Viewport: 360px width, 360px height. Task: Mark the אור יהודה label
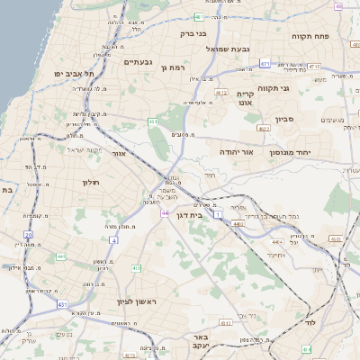click(237, 153)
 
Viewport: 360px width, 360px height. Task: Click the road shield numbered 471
click(264, 64)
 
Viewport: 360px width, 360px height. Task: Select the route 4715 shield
click(313, 66)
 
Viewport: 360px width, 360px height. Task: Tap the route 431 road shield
click(62, 306)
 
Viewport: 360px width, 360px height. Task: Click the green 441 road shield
click(60, 256)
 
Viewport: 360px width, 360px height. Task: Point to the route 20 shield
click(29, 234)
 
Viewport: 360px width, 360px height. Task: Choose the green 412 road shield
click(135, 268)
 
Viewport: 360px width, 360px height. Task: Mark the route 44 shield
click(165, 213)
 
